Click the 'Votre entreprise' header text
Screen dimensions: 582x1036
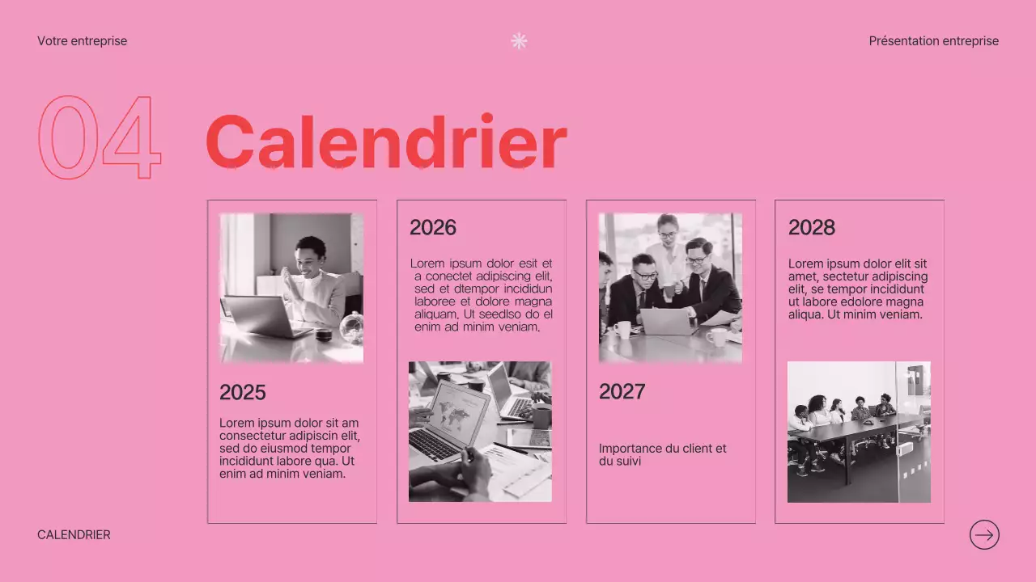point(82,41)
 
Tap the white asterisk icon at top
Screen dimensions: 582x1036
point(519,41)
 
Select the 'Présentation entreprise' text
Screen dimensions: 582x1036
point(933,41)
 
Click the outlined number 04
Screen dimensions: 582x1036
point(100,137)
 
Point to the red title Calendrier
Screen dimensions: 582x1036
point(385,142)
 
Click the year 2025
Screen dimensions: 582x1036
point(242,393)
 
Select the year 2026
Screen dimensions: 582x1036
point(432,228)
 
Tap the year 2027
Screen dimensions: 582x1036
point(622,392)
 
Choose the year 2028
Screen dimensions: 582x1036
point(811,228)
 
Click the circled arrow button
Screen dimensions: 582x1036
point(984,534)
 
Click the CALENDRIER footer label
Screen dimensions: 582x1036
point(74,535)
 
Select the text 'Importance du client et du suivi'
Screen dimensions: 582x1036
point(662,454)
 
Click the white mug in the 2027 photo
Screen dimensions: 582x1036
point(622,329)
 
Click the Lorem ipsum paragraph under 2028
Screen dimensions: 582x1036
point(857,289)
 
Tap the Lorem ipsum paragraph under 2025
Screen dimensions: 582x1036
point(289,448)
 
